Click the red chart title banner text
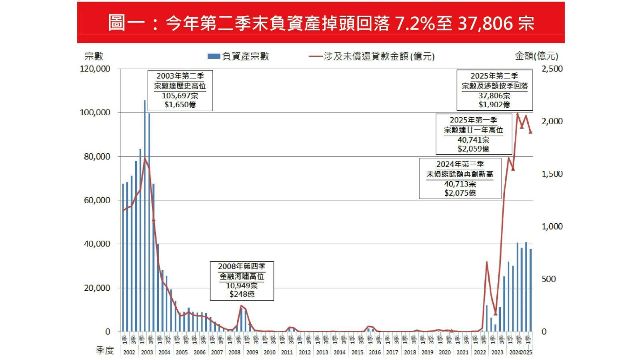pos(321,23)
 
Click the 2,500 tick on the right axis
pos(552,69)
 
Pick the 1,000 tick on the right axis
pos(552,226)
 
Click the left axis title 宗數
pos(94,56)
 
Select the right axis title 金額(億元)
pos(536,56)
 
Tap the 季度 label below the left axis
pos(105,350)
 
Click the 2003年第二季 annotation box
pos(180,90)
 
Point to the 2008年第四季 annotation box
pos(242,280)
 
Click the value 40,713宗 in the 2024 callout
pos(460,184)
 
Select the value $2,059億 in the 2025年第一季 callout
pos(474,149)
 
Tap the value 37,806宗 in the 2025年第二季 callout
pos(494,96)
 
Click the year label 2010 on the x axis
pos(270,352)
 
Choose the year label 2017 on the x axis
pos(392,352)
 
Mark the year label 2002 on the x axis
pos(129,352)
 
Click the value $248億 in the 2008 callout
pos(242,294)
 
